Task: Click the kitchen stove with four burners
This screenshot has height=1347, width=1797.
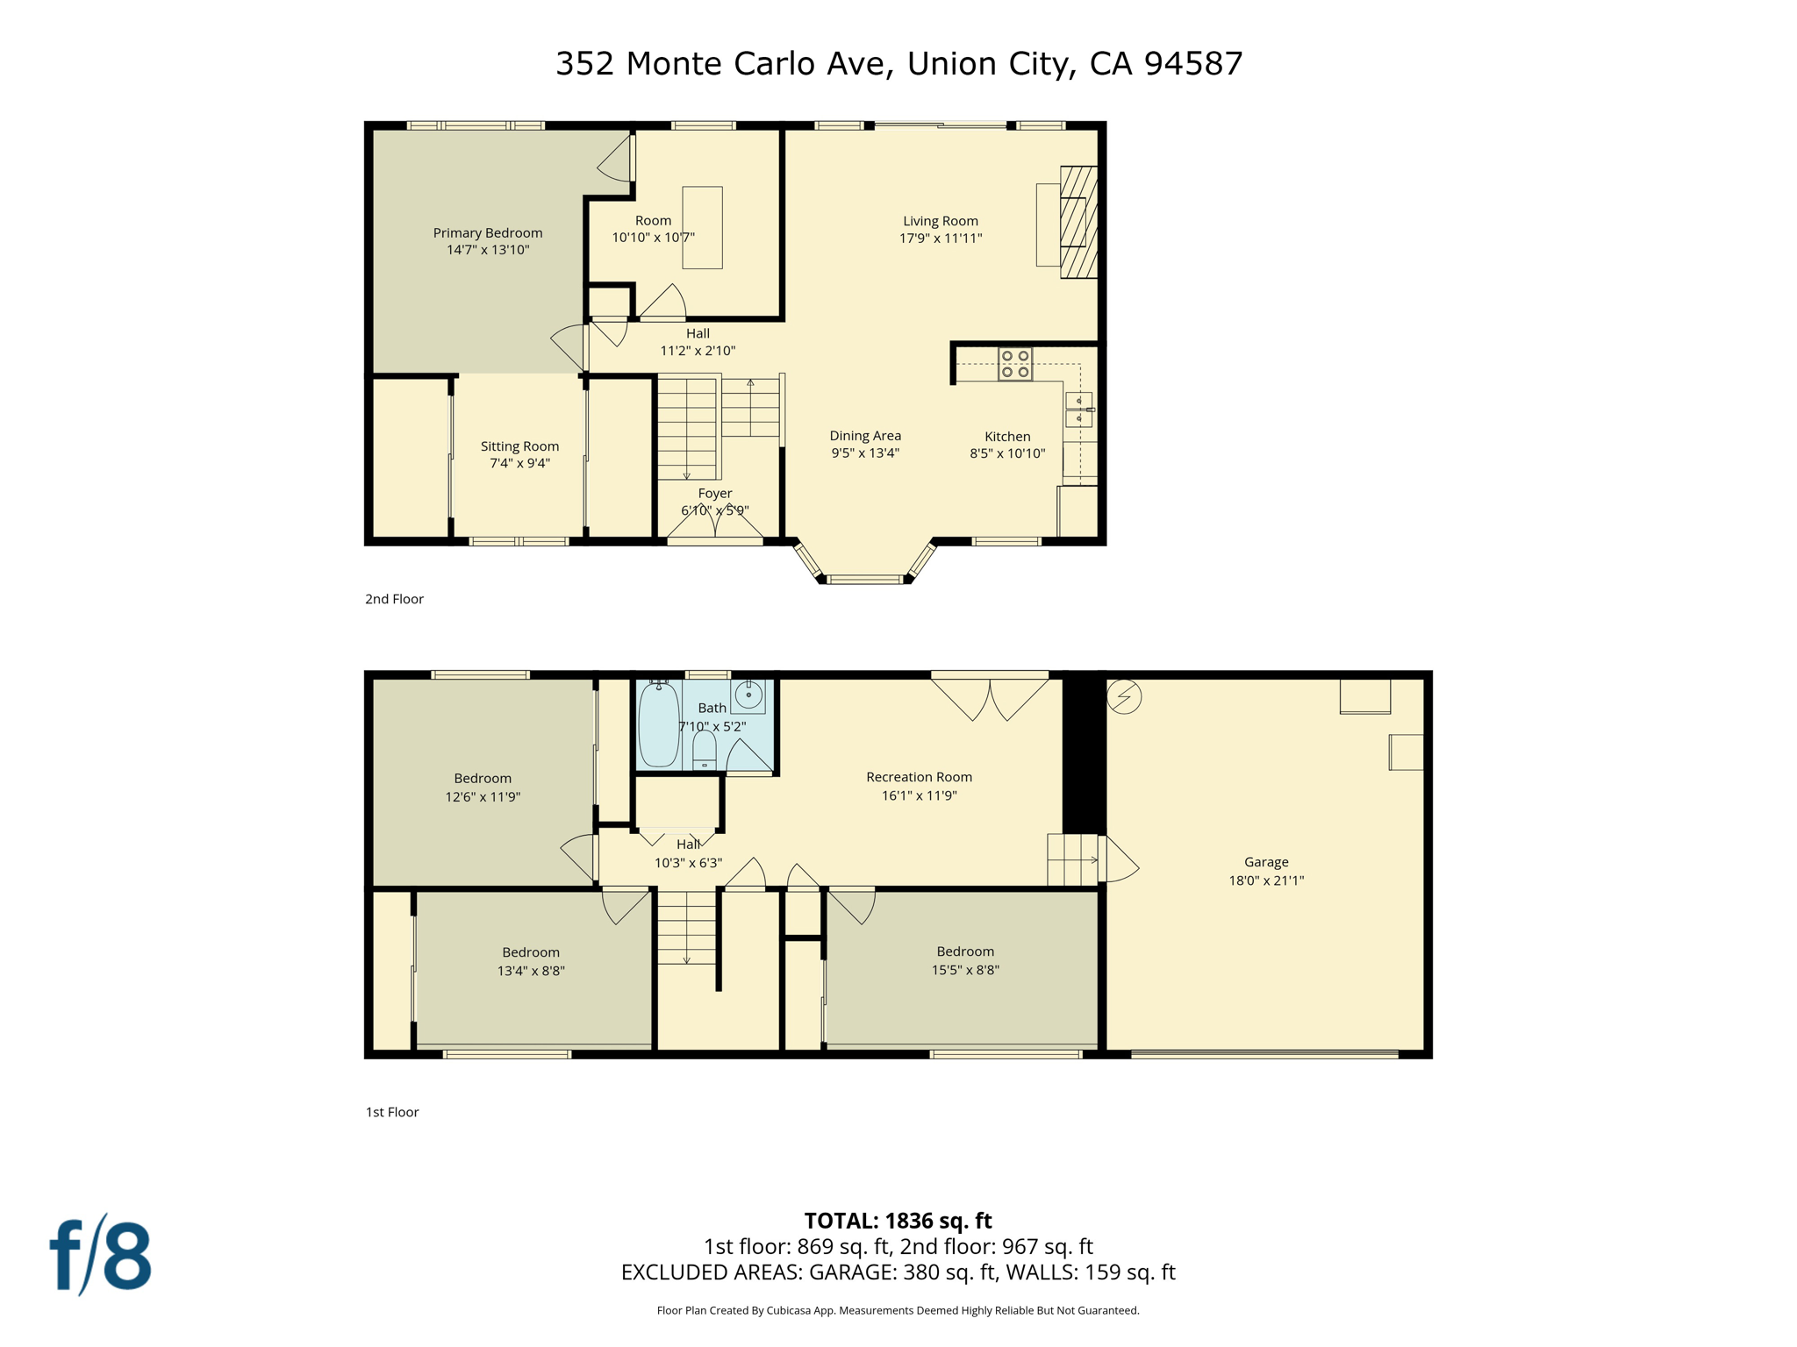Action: (1014, 364)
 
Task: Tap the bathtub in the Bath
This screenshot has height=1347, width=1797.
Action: (658, 724)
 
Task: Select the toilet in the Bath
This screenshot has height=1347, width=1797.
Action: (705, 751)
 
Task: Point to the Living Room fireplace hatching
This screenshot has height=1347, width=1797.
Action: (1078, 222)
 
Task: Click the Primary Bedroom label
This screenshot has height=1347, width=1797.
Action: (488, 232)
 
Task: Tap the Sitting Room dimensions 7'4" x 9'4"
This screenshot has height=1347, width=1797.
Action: (519, 463)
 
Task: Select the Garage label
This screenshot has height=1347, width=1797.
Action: (1266, 862)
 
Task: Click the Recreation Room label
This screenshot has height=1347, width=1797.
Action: (919, 777)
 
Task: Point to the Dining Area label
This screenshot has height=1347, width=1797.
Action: (865, 436)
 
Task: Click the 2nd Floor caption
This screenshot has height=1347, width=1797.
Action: (394, 599)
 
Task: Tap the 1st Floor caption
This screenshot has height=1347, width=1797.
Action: (392, 1112)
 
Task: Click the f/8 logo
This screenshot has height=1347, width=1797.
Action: (101, 1255)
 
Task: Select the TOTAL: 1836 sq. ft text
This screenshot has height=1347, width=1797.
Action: (898, 1221)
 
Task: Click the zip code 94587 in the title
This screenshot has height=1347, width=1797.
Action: (1193, 63)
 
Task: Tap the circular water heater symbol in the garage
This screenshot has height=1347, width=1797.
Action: (1124, 697)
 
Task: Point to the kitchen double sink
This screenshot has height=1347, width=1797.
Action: (1078, 410)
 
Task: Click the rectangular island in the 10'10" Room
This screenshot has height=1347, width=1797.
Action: (702, 227)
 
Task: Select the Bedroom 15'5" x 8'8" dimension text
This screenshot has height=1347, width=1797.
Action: (965, 970)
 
